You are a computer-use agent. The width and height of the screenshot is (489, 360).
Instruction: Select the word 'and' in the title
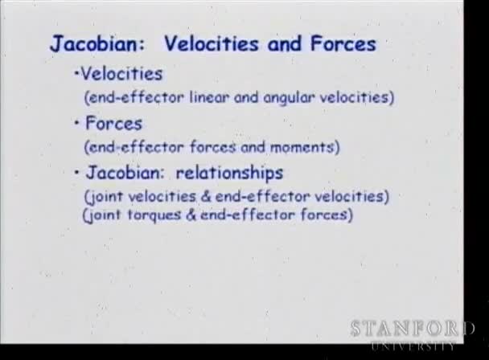pyautogui.click(x=285, y=43)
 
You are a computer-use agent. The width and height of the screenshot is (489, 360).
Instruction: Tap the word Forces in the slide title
pyautogui.click(x=343, y=43)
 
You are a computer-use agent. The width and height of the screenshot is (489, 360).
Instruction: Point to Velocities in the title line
pyautogui.click(x=212, y=43)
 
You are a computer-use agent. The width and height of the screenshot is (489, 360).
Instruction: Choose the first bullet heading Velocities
pyautogui.click(x=121, y=74)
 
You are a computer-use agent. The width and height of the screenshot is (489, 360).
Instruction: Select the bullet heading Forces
pyautogui.click(x=113, y=123)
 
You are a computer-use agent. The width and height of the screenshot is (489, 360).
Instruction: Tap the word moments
pyautogui.click(x=302, y=147)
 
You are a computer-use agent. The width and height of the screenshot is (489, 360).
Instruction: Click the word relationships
pyautogui.click(x=229, y=173)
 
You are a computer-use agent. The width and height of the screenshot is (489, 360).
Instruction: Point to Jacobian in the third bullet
pyautogui.click(x=125, y=172)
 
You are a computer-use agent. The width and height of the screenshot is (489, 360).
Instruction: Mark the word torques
pyautogui.click(x=154, y=215)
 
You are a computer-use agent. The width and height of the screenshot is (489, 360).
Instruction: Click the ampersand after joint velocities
pyautogui.click(x=206, y=196)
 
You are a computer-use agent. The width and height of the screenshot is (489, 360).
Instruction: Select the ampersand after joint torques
pyautogui.click(x=191, y=215)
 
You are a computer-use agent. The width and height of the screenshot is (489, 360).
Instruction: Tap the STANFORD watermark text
pyautogui.click(x=413, y=329)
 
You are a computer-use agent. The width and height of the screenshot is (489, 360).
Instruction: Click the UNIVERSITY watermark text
pyautogui.click(x=413, y=346)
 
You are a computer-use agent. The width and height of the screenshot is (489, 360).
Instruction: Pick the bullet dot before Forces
pyautogui.click(x=76, y=123)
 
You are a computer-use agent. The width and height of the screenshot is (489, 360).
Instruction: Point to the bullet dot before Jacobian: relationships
pyautogui.click(x=76, y=172)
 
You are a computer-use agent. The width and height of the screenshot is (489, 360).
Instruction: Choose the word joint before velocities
pyautogui.click(x=105, y=197)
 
